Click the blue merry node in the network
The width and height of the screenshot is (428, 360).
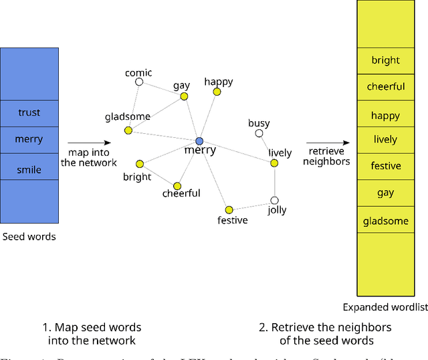(x=199, y=141)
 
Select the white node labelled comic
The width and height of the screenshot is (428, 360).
(x=139, y=82)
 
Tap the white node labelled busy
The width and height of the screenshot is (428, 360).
(x=259, y=133)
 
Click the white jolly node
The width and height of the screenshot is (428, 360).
(x=274, y=200)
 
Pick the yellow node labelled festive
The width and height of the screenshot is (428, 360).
(x=229, y=209)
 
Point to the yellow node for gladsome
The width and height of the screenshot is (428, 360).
(x=128, y=130)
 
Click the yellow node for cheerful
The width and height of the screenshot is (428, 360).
(x=177, y=185)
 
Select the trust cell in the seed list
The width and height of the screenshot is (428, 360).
(x=29, y=112)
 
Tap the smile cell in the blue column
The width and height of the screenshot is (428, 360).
(x=29, y=170)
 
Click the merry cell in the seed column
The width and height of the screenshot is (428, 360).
(x=29, y=139)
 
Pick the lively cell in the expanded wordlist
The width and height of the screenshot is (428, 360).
(x=385, y=139)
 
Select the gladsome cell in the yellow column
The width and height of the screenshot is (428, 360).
(x=385, y=221)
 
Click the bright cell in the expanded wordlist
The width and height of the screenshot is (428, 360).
(x=385, y=60)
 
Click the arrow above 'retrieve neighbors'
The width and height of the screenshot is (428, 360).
(x=328, y=143)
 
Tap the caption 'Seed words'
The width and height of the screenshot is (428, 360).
(x=29, y=236)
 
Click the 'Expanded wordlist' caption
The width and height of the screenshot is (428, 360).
(x=385, y=307)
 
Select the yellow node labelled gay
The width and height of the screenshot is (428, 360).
(x=183, y=96)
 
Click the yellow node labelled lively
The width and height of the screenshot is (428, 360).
(x=274, y=163)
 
